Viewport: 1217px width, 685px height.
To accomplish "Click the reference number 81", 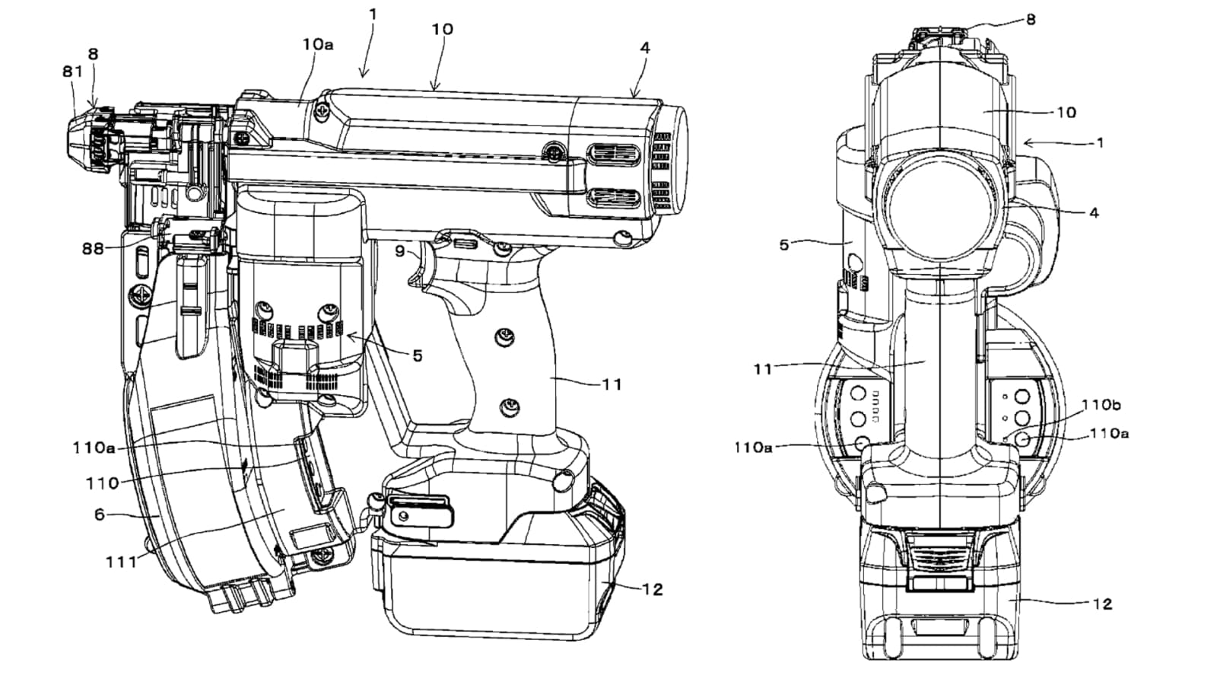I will [72, 71].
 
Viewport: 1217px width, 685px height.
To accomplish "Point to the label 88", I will [93, 249].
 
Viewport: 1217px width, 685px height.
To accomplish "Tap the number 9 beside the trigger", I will [400, 250].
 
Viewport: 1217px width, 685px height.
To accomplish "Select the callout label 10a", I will [317, 44].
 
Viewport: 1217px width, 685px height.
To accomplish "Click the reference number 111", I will [121, 562].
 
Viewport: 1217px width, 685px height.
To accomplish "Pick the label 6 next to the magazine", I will [100, 515].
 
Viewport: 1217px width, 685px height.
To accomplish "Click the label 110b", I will [1100, 405].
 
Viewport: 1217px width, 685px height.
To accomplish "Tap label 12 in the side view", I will [652, 589].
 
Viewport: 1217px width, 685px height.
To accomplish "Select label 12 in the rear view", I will [1102, 604].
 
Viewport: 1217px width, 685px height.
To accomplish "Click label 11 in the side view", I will [612, 384].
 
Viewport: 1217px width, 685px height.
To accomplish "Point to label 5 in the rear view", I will [784, 245].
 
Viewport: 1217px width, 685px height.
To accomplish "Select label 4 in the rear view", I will [1094, 213].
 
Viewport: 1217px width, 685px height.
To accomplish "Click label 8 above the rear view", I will [1031, 20].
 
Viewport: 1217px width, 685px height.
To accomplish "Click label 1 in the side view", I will [373, 14].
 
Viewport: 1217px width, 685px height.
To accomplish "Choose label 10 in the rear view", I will [1066, 112].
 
